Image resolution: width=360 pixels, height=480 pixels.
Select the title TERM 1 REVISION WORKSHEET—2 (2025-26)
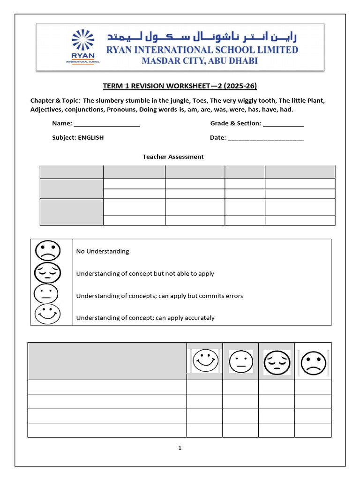(180, 86)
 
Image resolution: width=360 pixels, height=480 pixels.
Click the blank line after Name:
(107, 124)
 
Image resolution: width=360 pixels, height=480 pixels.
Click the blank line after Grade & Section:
(283, 124)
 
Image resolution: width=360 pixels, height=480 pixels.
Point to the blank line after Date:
(265, 138)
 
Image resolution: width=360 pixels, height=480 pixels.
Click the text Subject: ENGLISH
(78, 138)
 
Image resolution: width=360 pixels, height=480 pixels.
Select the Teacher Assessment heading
(173, 157)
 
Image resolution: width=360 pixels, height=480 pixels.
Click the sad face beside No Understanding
(47, 251)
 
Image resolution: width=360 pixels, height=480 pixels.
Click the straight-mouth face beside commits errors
(46, 294)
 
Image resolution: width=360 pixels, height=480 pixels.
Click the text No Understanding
(102, 251)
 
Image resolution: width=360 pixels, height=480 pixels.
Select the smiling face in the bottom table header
(205, 361)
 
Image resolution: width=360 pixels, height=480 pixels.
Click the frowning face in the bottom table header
(313, 362)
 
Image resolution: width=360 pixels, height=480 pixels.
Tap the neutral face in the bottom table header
(241, 361)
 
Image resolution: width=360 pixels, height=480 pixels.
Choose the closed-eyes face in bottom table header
(277, 362)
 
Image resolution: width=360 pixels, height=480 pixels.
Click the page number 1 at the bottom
(180, 448)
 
